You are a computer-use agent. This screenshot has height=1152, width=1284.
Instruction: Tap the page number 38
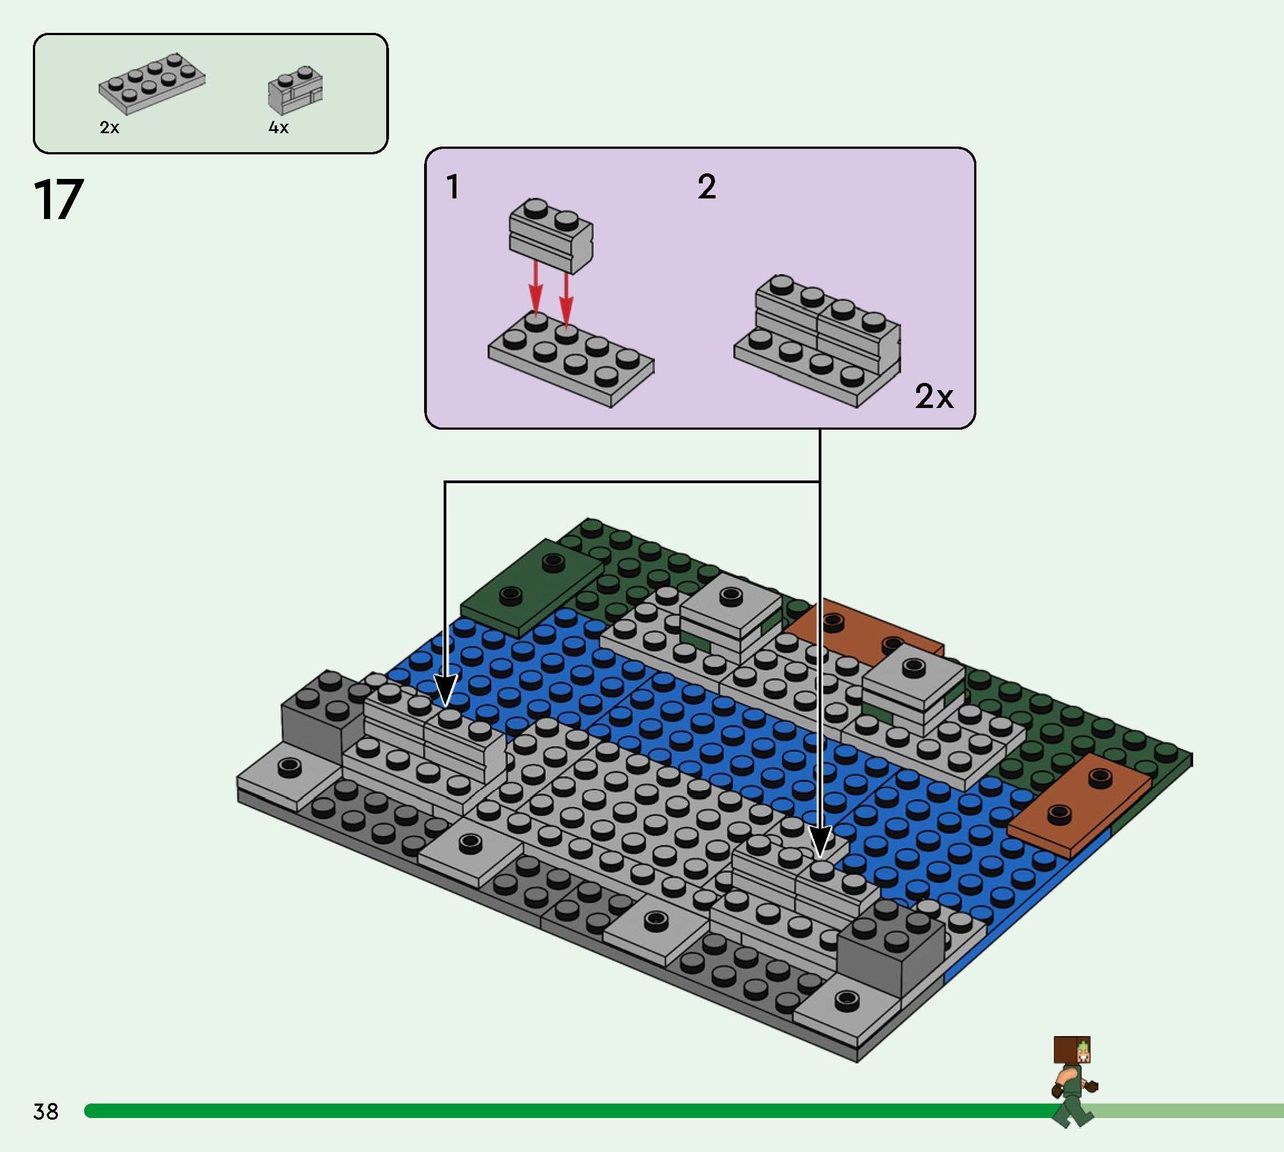pyautogui.click(x=46, y=1111)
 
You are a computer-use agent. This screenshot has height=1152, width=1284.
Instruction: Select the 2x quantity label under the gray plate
pyautogui.click(x=109, y=128)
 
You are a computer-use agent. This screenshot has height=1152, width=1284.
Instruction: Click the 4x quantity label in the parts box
pyautogui.click(x=279, y=128)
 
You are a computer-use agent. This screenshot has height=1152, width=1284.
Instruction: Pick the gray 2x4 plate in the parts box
pyautogui.click(x=152, y=84)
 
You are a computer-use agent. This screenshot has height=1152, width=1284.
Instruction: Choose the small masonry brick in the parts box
pyautogui.click(x=295, y=90)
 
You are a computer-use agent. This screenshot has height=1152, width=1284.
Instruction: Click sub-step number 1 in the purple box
pyautogui.click(x=453, y=187)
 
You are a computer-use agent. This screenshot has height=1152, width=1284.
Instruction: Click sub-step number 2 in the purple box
pyautogui.click(x=706, y=187)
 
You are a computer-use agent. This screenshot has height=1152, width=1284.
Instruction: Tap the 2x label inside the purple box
pyautogui.click(x=934, y=397)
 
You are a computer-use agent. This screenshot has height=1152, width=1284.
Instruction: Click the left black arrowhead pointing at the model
pyautogui.click(x=445, y=690)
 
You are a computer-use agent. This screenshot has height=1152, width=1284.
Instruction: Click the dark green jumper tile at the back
pyautogui.click(x=532, y=586)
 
